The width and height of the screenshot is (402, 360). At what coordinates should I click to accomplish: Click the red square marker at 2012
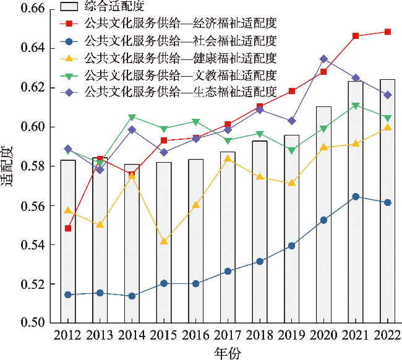click(x=68, y=228)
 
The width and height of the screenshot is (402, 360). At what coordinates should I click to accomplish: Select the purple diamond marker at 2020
click(x=323, y=59)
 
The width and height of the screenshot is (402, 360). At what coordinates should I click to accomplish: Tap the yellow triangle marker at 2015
click(x=164, y=241)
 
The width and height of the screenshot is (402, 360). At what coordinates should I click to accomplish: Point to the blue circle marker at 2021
click(x=356, y=197)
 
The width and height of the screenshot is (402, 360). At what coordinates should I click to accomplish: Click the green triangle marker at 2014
click(x=132, y=118)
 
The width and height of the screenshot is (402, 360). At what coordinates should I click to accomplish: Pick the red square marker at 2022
click(x=387, y=32)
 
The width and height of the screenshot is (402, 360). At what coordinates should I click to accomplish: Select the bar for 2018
click(x=260, y=231)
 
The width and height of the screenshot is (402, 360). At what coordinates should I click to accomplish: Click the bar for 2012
click(x=68, y=241)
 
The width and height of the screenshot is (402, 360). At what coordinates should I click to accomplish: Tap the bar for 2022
click(x=387, y=200)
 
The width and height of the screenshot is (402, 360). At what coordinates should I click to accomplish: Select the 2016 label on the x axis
click(x=195, y=336)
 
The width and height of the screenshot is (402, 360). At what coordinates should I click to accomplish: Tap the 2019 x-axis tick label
click(x=291, y=336)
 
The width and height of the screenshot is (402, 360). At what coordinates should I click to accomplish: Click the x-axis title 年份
click(x=228, y=352)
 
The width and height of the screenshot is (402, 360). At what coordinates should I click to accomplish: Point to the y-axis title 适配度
click(x=8, y=166)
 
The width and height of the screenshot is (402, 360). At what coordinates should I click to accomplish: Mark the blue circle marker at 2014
click(x=132, y=296)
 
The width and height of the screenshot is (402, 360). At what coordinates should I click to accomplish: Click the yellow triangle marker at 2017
click(x=228, y=158)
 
